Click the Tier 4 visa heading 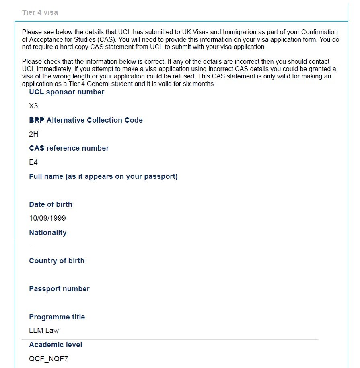pyautogui.click(x=40, y=12)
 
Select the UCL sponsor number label pyautogui.click(x=66, y=92)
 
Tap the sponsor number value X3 pyautogui.click(x=33, y=106)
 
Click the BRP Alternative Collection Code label pyautogui.click(x=86, y=120)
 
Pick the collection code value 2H pyautogui.click(x=33, y=135)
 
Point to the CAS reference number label pyautogui.click(x=69, y=148)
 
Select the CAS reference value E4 pyautogui.click(x=33, y=163)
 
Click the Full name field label pyautogui.click(x=103, y=176)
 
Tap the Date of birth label pyautogui.click(x=50, y=204)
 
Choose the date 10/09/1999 pyautogui.click(x=47, y=219)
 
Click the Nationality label pyautogui.click(x=47, y=233)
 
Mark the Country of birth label pyautogui.click(x=57, y=261)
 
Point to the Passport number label pyautogui.click(x=59, y=289)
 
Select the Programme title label pyautogui.click(x=57, y=317)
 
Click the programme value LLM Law pyautogui.click(x=44, y=331)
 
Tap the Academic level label pyautogui.click(x=56, y=345)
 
